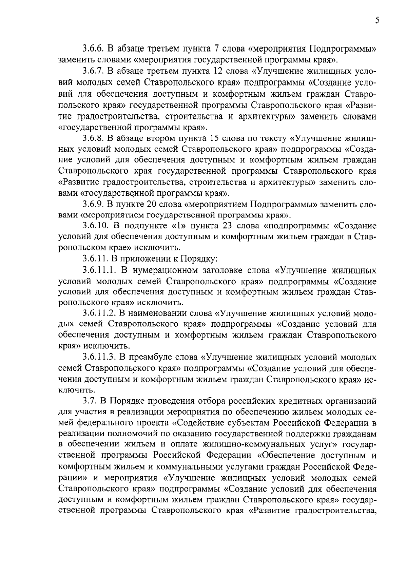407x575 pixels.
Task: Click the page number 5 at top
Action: pos(377,21)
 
